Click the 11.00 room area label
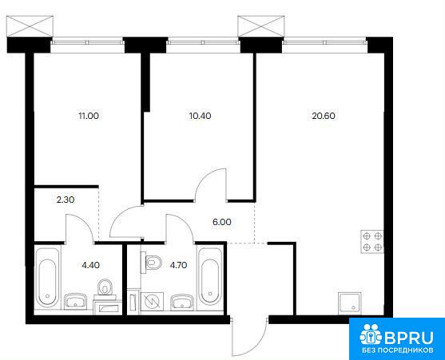[89, 116]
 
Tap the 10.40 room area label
[200, 116]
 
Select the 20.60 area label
[324, 116]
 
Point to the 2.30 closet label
[66, 200]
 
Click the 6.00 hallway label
[222, 222]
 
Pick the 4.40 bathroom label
[90, 265]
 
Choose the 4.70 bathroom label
[178, 265]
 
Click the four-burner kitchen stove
[372, 242]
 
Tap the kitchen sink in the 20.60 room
[350, 303]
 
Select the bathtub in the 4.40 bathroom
[48, 278]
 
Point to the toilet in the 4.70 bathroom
[151, 263]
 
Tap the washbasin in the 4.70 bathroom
[182, 302]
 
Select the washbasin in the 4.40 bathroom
[75, 301]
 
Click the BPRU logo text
[409, 338]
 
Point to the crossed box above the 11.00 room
[30, 26]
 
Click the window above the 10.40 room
[203, 42]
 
